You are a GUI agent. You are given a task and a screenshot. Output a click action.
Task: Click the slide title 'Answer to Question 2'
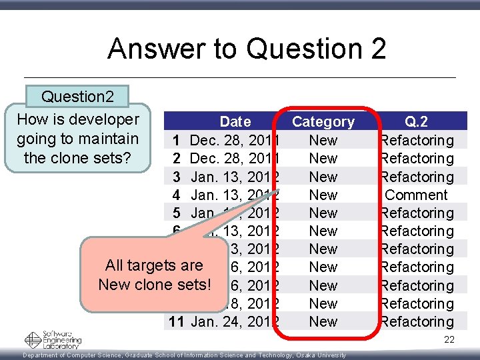(x=247, y=49)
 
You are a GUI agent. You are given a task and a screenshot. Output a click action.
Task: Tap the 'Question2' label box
(x=77, y=97)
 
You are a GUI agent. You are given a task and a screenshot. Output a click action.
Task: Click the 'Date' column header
(x=235, y=121)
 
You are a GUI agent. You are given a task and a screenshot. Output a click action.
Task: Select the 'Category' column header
(x=323, y=121)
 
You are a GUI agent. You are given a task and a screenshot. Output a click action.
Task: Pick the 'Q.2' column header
(x=416, y=121)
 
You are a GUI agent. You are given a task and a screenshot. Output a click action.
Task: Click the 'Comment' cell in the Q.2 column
(x=416, y=195)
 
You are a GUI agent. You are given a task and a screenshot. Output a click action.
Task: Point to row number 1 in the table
(x=176, y=140)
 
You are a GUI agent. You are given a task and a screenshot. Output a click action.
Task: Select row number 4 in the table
(x=176, y=195)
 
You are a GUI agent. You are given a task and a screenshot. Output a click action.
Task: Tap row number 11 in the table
(x=176, y=321)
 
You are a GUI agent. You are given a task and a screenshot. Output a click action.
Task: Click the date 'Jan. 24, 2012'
(x=235, y=321)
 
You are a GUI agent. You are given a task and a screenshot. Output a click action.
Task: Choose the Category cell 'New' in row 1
(x=323, y=140)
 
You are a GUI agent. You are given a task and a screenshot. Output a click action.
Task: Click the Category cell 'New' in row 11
(x=323, y=321)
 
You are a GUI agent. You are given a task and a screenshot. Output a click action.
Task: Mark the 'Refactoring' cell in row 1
(x=416, y=140)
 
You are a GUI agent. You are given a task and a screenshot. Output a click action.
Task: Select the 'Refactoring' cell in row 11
(x=416, y=321)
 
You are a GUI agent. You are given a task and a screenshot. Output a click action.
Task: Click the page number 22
(x=449, y=340)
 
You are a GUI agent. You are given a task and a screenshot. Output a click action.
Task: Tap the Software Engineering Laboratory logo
(x=53, y=339)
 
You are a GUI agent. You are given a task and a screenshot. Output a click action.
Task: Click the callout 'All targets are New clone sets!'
(x=154, y=275)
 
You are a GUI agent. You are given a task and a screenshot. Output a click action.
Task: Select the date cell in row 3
(x=235, y=177)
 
